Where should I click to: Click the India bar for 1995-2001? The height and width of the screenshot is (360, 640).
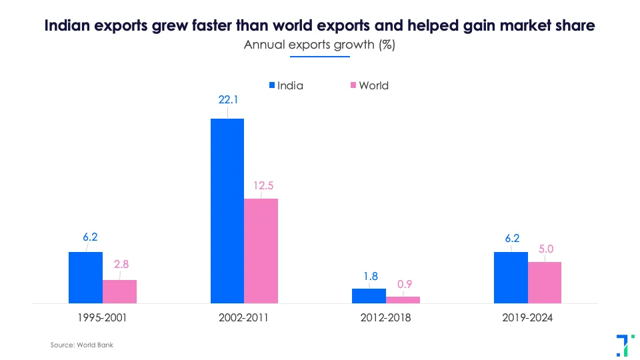pyautogui.click(x=85, y=277)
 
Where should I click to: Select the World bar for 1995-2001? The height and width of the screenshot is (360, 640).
pyautogui.click(x=119, y=291)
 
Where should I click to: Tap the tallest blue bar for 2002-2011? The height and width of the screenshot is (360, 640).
pyautogui.click(x=227, y=211)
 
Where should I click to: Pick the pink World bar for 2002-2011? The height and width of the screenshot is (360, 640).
pyautogui.click(x=261, y=251)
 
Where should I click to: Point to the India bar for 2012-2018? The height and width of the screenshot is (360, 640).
pyautogui.click(x=369, y=295)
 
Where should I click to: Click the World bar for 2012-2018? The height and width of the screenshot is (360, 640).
pyautogui.click(x=403, y=299)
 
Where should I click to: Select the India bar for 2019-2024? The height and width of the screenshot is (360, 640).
pyautogui.click(x=511, y=277)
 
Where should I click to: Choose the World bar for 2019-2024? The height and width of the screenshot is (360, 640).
pyautogui.click(x=545, y=282)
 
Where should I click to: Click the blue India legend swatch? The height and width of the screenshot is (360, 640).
pyautogui.click(x=271, y=85)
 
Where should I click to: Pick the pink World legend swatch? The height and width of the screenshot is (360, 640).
pyautogui.click(x=353, y=85)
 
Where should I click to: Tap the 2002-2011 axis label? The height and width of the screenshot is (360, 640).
pyautogui.click(x=243, y=317)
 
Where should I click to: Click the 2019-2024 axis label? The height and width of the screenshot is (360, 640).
pyautogui.click(x=527, y=317)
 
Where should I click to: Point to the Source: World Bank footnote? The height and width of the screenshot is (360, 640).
pyautogui.click(x=77, y=345)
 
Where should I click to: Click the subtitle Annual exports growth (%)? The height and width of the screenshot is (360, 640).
pyautogui.click(x=320, y=45)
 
